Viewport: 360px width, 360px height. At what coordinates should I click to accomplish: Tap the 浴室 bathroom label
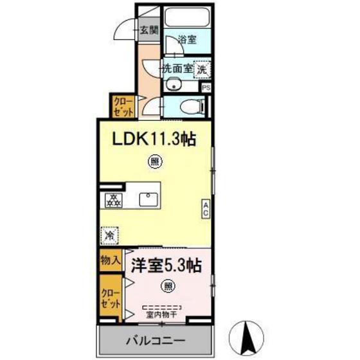click(186, 39)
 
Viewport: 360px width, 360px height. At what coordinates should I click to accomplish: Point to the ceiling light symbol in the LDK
click(156, 159)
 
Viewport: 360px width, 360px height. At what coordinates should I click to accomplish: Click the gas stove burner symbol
click(113, 199)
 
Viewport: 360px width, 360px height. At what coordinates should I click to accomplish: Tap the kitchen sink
click(150, 199)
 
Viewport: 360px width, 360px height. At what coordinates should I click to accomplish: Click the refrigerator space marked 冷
click(111, 235)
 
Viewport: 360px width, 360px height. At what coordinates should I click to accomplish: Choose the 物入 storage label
click(111, 260)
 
